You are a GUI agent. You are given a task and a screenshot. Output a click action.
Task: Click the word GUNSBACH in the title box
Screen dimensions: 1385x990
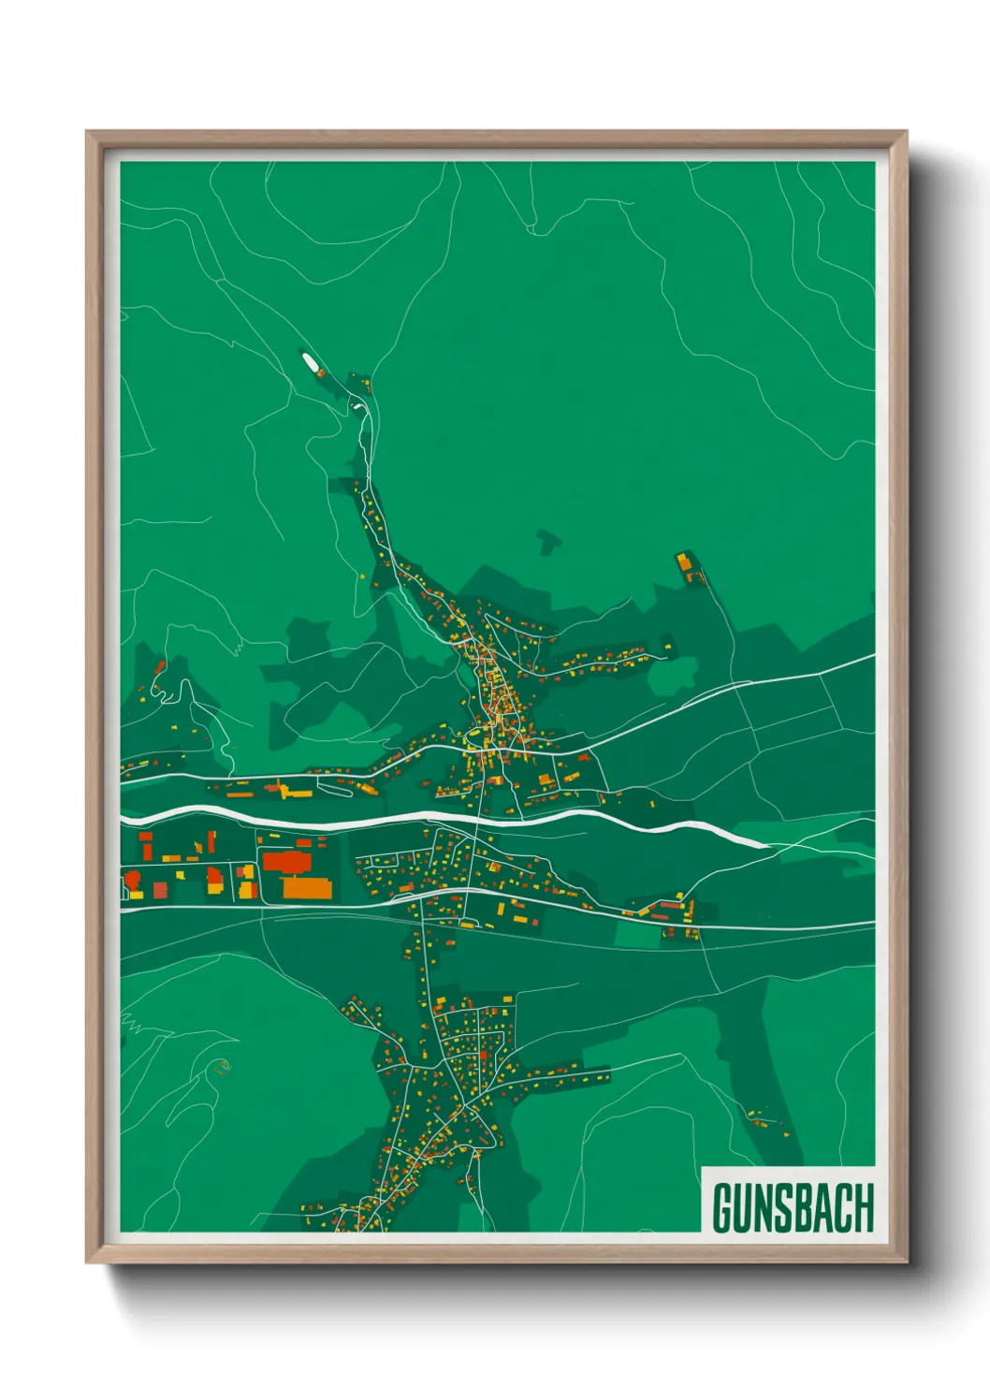792,1208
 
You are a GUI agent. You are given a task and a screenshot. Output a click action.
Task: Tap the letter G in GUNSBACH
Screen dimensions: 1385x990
723,1208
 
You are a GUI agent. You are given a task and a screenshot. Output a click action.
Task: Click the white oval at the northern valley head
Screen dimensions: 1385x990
308,360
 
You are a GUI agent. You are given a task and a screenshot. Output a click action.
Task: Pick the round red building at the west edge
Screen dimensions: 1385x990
133,878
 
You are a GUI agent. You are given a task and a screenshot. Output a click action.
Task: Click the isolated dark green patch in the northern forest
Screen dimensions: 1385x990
548,541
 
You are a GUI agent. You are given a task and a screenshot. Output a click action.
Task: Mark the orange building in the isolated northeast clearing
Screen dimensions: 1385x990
685,562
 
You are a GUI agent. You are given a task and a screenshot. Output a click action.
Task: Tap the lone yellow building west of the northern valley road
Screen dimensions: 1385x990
363,577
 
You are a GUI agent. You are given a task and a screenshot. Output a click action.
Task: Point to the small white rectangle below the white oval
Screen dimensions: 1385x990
356,407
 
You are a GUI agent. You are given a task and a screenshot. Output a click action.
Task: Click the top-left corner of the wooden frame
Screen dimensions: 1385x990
88,133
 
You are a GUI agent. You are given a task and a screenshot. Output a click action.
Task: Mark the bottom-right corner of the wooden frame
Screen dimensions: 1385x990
906,1261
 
